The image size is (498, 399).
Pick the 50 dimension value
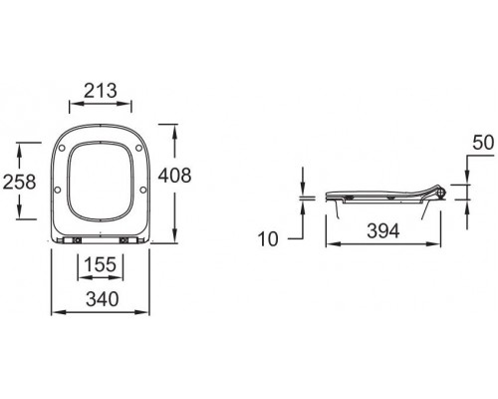[481, 142]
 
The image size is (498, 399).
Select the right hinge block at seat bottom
[124, 240]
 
